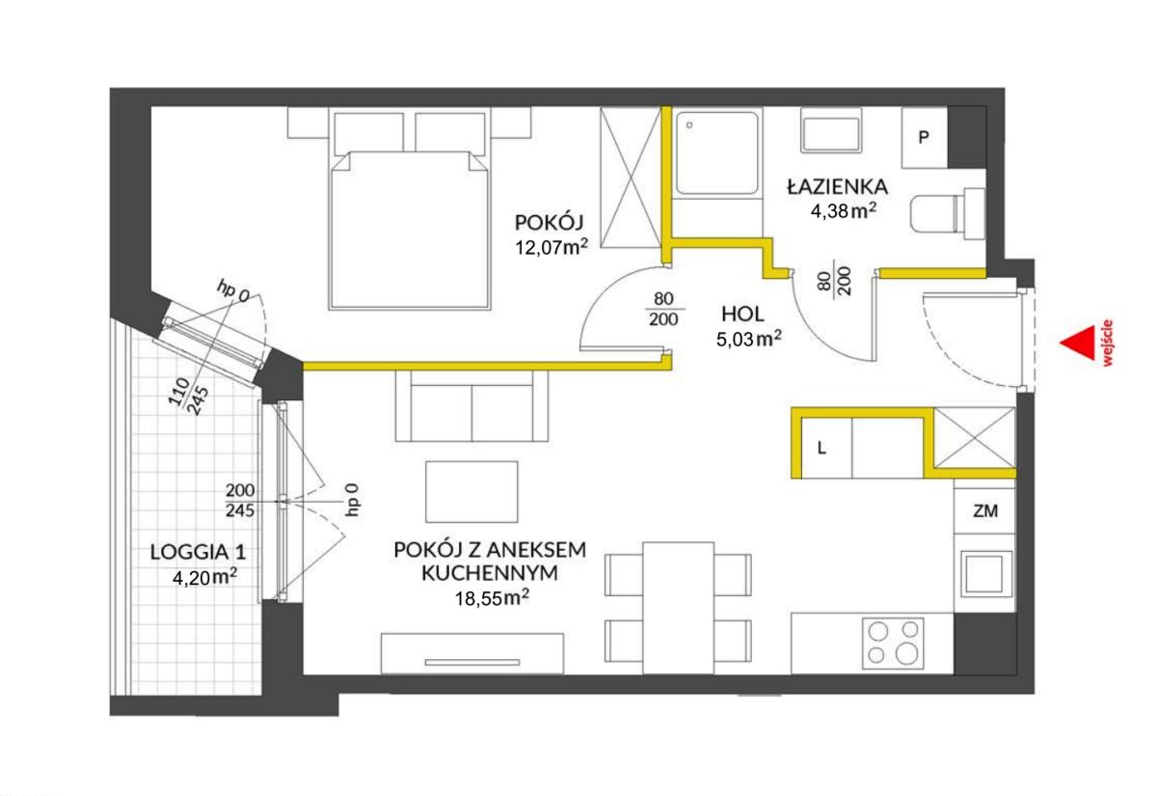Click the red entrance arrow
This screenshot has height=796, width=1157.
pyautogui.click(x=1079, y=343)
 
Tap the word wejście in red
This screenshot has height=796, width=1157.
pyautogui.click(x=1107, y=343)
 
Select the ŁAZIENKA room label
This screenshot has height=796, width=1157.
pyautogui.click(x=837, y=186)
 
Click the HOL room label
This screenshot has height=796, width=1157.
pyautogui.click(x=742, y=314)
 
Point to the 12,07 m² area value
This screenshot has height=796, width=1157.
pyautogui.click(x=552, y=248)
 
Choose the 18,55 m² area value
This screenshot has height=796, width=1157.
pyautogui.click(x=492, y=597)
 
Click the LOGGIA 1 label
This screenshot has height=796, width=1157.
pyautogui.click(x=198, y=552)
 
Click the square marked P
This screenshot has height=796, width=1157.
pyautogui.click(x=924, y=137)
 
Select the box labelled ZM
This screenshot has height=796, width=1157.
pyautogui.click(x=984, y=511)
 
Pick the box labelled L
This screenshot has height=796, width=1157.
pyautogui.click(x=826, y=448)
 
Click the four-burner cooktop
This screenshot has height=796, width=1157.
pyautogui.click(x=893, y=643)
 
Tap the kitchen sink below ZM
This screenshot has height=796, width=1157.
pyautogui.click(x=984, y=574)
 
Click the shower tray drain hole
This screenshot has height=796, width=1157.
pyautogui.click(x=689, y=125)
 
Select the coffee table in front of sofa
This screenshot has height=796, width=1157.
pyautogui.click(x=471, y=491)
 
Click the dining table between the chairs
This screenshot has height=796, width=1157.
pyautogui.click(x=678, y=608)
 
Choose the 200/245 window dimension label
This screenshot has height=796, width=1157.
pyautogui.click(x=240, y=501)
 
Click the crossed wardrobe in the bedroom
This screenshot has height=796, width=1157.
pyautogui.click(x=632, y=178)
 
